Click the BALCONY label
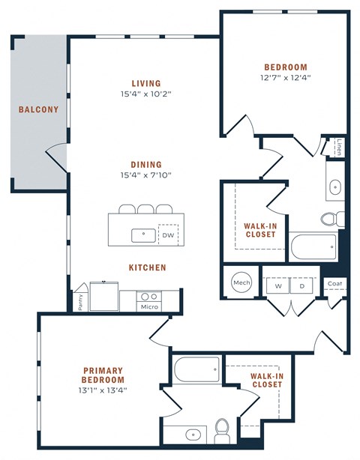tap(38, 109)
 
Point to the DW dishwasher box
tap(168, 235)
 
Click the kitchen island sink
tap(142, 235)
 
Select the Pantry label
tap(81, 300)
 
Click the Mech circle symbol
tap(241, 282)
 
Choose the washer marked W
tap(277, 285)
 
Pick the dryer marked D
tap(303, 285)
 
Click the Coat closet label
tap(335, 284)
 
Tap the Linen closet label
tap(340, 146)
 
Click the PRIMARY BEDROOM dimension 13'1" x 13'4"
tap(103, 390)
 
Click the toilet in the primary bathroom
tap(222, 430)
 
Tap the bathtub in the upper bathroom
tap(313, 246)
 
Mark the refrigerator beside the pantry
tap(103, 295)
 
